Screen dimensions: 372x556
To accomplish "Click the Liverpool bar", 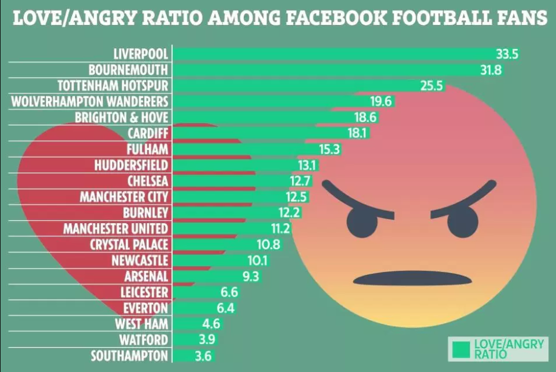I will pos(334,54).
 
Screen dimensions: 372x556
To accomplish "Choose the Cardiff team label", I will pos(148,133).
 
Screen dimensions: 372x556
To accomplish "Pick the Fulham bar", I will pos(238,149).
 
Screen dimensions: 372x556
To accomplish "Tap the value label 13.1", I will pos(307,165).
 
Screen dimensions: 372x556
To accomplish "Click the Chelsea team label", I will pos(148,181).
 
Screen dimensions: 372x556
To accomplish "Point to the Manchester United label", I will pos(116,229).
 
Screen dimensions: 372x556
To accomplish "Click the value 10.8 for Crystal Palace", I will pos(268,245).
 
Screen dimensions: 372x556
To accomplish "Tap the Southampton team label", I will pos(129,356).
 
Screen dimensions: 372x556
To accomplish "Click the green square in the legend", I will pos(461,349).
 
